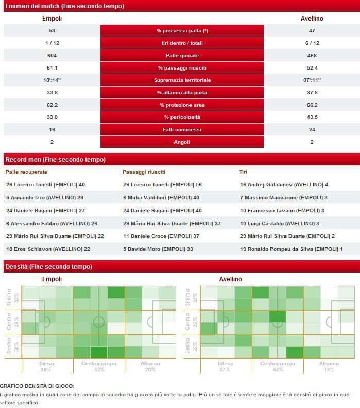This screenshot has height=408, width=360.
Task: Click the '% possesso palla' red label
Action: (x=182, y=31)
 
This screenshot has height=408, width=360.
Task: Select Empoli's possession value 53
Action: (x=52, y=31)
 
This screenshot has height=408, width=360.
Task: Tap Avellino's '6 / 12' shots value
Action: (x=312, y=43)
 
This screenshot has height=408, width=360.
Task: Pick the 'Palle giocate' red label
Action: (x=182, y=56)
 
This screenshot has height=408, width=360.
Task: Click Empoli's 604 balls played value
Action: (x=52, y=56)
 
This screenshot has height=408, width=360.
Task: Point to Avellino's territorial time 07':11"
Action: (x=312, y=80)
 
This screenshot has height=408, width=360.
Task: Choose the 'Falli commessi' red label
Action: (x=182, y=130)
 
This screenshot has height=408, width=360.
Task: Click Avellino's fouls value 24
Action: (x=312, y=130)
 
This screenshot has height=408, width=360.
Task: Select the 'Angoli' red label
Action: (x=182, y=142)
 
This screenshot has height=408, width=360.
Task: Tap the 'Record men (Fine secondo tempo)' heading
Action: (x=55, y=159)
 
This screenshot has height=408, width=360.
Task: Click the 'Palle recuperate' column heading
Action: (x=26, y=172)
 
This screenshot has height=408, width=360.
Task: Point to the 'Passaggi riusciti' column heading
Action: (x=144, y=172)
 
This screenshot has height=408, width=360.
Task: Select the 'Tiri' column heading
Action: (x=244, y=172)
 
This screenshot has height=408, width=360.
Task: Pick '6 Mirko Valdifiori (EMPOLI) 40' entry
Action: (x=161, y=197)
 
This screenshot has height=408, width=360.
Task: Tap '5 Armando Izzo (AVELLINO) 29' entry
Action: (x=44, y=197)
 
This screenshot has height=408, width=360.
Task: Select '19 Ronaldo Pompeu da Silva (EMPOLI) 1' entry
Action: (x=291, y=249)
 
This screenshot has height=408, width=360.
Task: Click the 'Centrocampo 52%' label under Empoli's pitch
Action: (x=99, y=366)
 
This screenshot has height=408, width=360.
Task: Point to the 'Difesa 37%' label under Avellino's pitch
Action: (x=225, y=366)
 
